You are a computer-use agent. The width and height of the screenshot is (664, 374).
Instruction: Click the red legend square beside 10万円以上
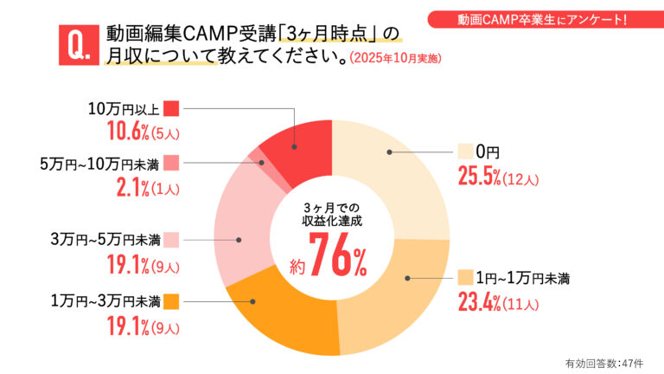coord(170,108)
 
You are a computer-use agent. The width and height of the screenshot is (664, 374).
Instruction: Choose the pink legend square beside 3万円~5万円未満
coord(170,239)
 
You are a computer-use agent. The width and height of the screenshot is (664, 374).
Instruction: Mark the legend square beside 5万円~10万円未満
coord(170,162)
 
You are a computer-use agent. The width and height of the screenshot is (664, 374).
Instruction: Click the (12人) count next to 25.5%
coord(524,179)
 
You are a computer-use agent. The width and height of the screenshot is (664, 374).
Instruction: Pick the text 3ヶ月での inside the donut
coord(332,209)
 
